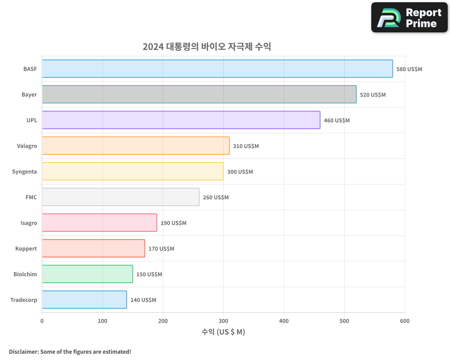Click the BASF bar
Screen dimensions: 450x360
click(x=217, y=69)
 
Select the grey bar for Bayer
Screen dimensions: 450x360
click(x=199, y=94)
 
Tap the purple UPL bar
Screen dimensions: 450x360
click(x=181, y=120)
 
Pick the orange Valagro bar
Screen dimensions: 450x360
click(x=135, y=146)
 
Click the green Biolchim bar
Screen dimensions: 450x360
click(x=87, y=274)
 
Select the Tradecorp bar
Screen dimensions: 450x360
click(x=84, y=300)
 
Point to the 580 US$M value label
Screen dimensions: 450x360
click(x=409, y=69)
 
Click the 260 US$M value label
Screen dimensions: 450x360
click(x=216, y=198)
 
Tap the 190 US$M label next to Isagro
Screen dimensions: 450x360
click(x=173, y=223)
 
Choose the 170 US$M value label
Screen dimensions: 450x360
click(x=161, y=249)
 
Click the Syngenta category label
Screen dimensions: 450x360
click(x=24, y=171)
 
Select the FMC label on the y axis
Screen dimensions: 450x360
click(x=31, y=197)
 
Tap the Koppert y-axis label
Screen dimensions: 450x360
click(x=26, y=248)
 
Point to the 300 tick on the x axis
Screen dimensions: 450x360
click(x=223, y=321)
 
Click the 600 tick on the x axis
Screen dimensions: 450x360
click(x=405, y=321)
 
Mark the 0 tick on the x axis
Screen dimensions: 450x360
click(x=42, y=321)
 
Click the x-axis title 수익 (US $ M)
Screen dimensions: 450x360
click(x=223, y=332)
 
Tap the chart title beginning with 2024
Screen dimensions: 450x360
click(x=207, y=46)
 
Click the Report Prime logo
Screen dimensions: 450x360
click(x=409, y=18)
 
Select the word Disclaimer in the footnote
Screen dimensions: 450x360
click(x=23, y=351)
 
